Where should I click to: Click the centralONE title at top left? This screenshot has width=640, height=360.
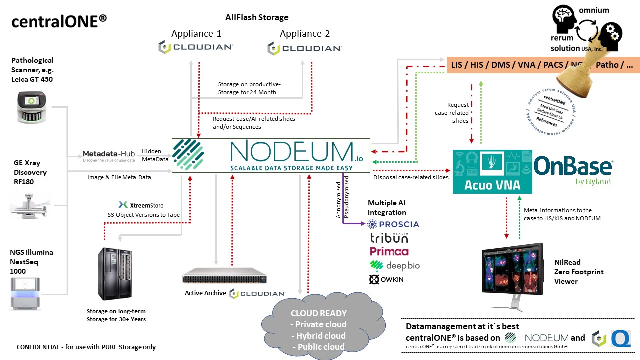59,21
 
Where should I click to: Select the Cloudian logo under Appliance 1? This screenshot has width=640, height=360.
195,47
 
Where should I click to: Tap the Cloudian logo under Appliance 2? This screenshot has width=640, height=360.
304,48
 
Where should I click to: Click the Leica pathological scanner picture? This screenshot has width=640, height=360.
32,107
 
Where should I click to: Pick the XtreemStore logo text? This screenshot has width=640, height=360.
141,205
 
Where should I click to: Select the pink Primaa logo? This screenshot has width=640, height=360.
389,251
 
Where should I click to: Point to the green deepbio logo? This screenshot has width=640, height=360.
394,265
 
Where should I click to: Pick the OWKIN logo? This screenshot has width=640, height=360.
386,279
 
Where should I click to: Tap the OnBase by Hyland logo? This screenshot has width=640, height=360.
573,170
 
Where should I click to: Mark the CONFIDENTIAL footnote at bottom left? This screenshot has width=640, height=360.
86,347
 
